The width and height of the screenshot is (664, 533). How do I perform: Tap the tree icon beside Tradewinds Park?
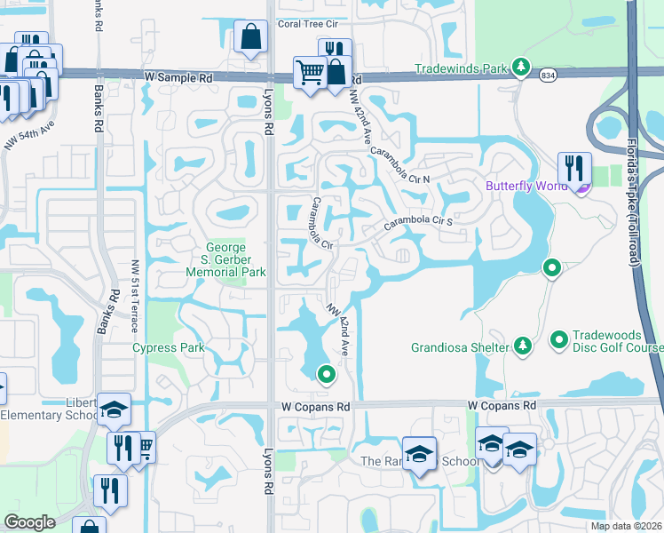coord(521,68)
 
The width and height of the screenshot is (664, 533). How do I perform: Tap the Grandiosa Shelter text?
coord(460,347)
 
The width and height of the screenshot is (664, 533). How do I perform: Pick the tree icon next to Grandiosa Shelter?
coord(523,346)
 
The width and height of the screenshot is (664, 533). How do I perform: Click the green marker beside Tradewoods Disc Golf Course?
coord(559,339)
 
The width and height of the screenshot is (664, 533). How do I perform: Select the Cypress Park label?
coord(169,347)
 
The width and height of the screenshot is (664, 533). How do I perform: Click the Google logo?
coord(29,522)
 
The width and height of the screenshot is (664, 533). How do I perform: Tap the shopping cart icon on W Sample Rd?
coord(309,72)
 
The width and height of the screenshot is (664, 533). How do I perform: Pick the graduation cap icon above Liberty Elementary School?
coord(114,410)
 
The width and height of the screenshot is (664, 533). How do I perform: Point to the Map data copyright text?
coord(627,526)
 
